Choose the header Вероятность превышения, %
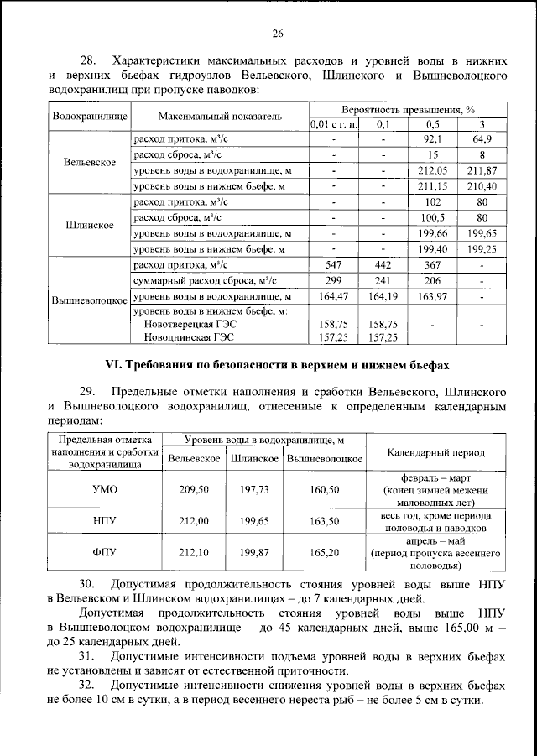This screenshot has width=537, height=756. click(409, 109)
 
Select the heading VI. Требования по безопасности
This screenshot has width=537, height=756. click(276, 365)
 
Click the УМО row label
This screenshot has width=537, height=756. click(103, 490)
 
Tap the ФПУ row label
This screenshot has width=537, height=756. click(103, 552)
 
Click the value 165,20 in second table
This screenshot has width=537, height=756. click(323, 552)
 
